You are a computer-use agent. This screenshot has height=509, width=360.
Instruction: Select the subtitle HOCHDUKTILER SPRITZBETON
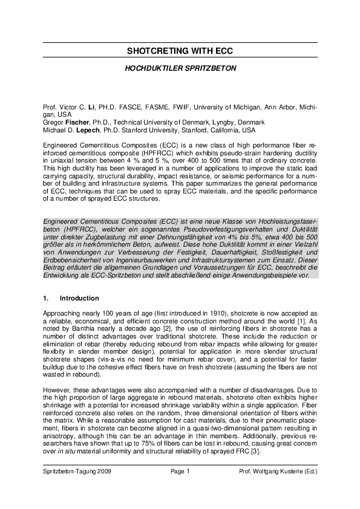(180, 69)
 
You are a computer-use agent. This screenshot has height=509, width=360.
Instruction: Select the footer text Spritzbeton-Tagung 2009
(77, 471)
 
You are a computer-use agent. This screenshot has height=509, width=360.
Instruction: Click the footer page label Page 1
(180, 471)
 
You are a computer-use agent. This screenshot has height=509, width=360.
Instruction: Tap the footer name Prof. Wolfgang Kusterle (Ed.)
(278, 471)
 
